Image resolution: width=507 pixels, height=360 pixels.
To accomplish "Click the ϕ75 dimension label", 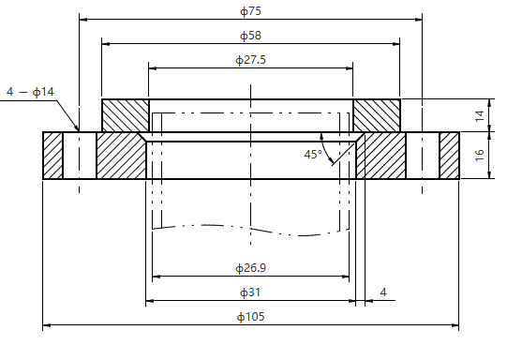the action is [250, 11].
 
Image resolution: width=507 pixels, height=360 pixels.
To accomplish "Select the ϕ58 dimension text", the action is [250, 36].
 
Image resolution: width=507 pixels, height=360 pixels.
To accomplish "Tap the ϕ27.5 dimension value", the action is [250, 60].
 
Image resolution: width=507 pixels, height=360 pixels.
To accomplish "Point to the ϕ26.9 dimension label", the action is [250, 268].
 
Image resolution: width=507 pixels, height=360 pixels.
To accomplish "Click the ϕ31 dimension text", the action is [250, 292].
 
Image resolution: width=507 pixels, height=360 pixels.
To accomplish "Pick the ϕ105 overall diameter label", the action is [250, 316].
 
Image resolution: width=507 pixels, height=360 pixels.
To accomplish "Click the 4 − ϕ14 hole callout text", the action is [30, 92].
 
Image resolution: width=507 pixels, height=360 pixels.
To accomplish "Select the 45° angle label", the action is [313, 155].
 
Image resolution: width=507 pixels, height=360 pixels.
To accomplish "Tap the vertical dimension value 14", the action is [480, 115].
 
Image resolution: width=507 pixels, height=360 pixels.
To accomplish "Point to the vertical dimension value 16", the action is [480, 155].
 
